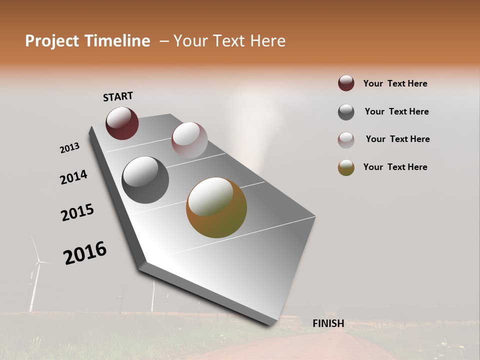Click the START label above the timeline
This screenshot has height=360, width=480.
[x=118, y=96]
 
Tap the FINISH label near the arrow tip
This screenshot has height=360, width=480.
[x=328, y=323]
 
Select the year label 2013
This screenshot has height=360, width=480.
[x=69, y=148]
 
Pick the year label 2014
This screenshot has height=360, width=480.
[x=74, y=177]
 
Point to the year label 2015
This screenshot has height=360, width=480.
[x=77, y=212]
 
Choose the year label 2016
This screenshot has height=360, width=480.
[x=85, y=252]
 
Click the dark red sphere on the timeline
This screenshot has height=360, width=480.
[x=122, y=123]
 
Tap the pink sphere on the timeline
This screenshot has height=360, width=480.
[x=189, y=139]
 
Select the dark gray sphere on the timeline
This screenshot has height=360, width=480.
[x=145, y=179]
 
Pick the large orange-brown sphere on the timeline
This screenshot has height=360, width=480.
[x=216, y=207]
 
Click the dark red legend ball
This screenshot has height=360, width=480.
[x=346, y=83]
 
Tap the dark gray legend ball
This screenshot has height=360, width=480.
[x=346, y=112]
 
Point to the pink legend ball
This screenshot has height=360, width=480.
[x=346, y=140]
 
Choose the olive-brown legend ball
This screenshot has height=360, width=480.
[x=346, y=167]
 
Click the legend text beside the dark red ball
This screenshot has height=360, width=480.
[x=395, y=83]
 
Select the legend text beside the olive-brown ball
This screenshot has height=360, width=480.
[x=395, y=167]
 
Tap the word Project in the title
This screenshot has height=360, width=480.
[x=51, y=41]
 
